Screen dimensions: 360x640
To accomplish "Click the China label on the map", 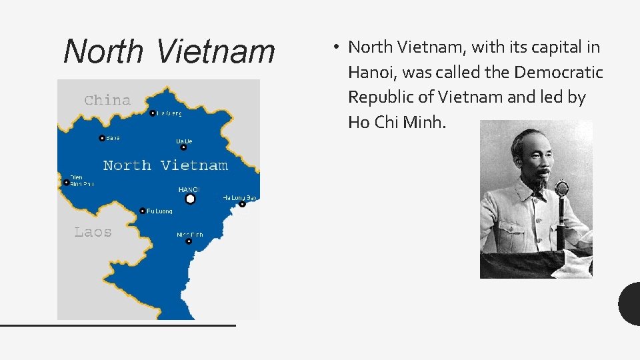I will pyautogui.click(x=107, y=100).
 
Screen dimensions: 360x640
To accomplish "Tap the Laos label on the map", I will pyautogui.click(x=93, y=232).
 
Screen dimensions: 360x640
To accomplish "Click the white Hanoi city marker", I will pyautogui.click(x=190, y=199).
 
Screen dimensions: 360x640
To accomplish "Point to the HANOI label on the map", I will pyautogui.click(x=189, y=190).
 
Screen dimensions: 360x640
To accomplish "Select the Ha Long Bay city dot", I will pyautogui.click(x=243, y=205).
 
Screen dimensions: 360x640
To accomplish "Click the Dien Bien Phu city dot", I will pyautogui.click(x=67, y=182).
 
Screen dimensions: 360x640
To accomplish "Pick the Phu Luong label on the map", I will pyautogui.click(x=159, y=211).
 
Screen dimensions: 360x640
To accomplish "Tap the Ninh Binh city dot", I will pyautogui.click(x=189, y=241).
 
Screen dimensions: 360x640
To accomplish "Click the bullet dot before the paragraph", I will pyautogui.click(x=338, y=47).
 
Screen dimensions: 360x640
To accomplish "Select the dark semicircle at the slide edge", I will pyautogui.click(x=631, y=303).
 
